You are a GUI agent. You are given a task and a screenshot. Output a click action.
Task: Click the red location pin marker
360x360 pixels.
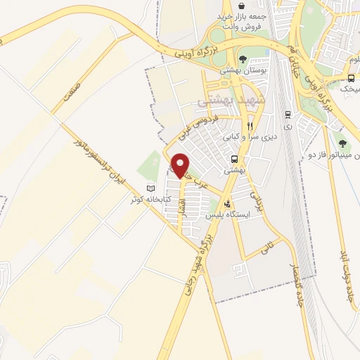pos(181,165)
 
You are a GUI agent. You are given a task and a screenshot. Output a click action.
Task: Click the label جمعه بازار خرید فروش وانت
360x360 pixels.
pos(243,21)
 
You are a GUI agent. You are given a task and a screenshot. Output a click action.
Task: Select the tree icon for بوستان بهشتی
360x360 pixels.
pos(242,60)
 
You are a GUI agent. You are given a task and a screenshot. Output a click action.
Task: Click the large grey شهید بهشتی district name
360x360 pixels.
pos(223,102)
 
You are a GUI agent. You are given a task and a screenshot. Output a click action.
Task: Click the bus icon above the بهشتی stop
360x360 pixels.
pos(234,159)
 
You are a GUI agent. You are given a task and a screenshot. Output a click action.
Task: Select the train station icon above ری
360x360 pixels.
pos(287,113)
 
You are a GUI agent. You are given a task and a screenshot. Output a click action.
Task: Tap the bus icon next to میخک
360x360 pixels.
pos(351,78)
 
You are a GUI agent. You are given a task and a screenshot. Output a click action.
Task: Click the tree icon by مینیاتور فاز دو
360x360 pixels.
pos(342,143)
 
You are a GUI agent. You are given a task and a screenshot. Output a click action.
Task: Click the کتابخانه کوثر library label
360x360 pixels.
pos(146,199)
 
